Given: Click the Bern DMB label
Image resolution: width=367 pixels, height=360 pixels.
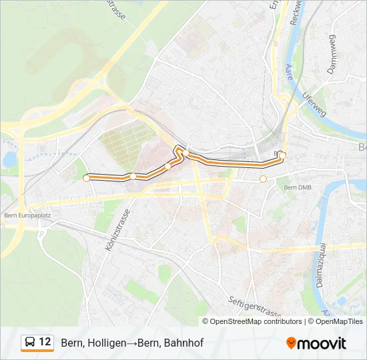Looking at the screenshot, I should pos(298,188).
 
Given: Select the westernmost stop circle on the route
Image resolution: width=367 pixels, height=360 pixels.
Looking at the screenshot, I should pos(86,178).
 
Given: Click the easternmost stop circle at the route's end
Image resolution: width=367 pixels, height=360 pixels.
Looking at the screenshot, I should pos(282,155).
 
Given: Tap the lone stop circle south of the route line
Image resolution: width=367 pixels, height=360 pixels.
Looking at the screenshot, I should pos(263,179).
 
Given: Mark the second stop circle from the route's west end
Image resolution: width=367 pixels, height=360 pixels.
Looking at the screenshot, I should pos(133,176).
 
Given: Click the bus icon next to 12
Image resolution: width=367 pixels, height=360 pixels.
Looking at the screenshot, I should pos(30,343).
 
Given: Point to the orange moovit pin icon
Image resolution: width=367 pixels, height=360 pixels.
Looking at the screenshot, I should pos(291,343).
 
